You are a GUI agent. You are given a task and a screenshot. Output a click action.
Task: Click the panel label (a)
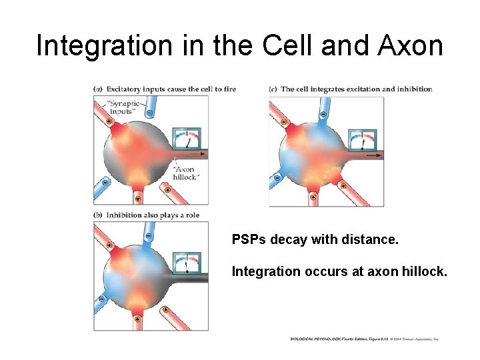(x=98, y=89)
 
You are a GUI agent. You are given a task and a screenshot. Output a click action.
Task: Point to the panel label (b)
(x=98, y=215)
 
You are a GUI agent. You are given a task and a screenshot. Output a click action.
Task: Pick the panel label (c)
(x=273, y=89)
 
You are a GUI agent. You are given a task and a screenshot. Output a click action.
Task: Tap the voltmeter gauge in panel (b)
(x=187, y=263)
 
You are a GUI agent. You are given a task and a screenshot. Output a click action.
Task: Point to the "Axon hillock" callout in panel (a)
(x=183, y=173)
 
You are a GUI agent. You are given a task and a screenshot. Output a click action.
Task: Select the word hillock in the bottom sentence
(x=423, y=271)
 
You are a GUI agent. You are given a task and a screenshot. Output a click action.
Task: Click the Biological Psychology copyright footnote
(x=364, y=339)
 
